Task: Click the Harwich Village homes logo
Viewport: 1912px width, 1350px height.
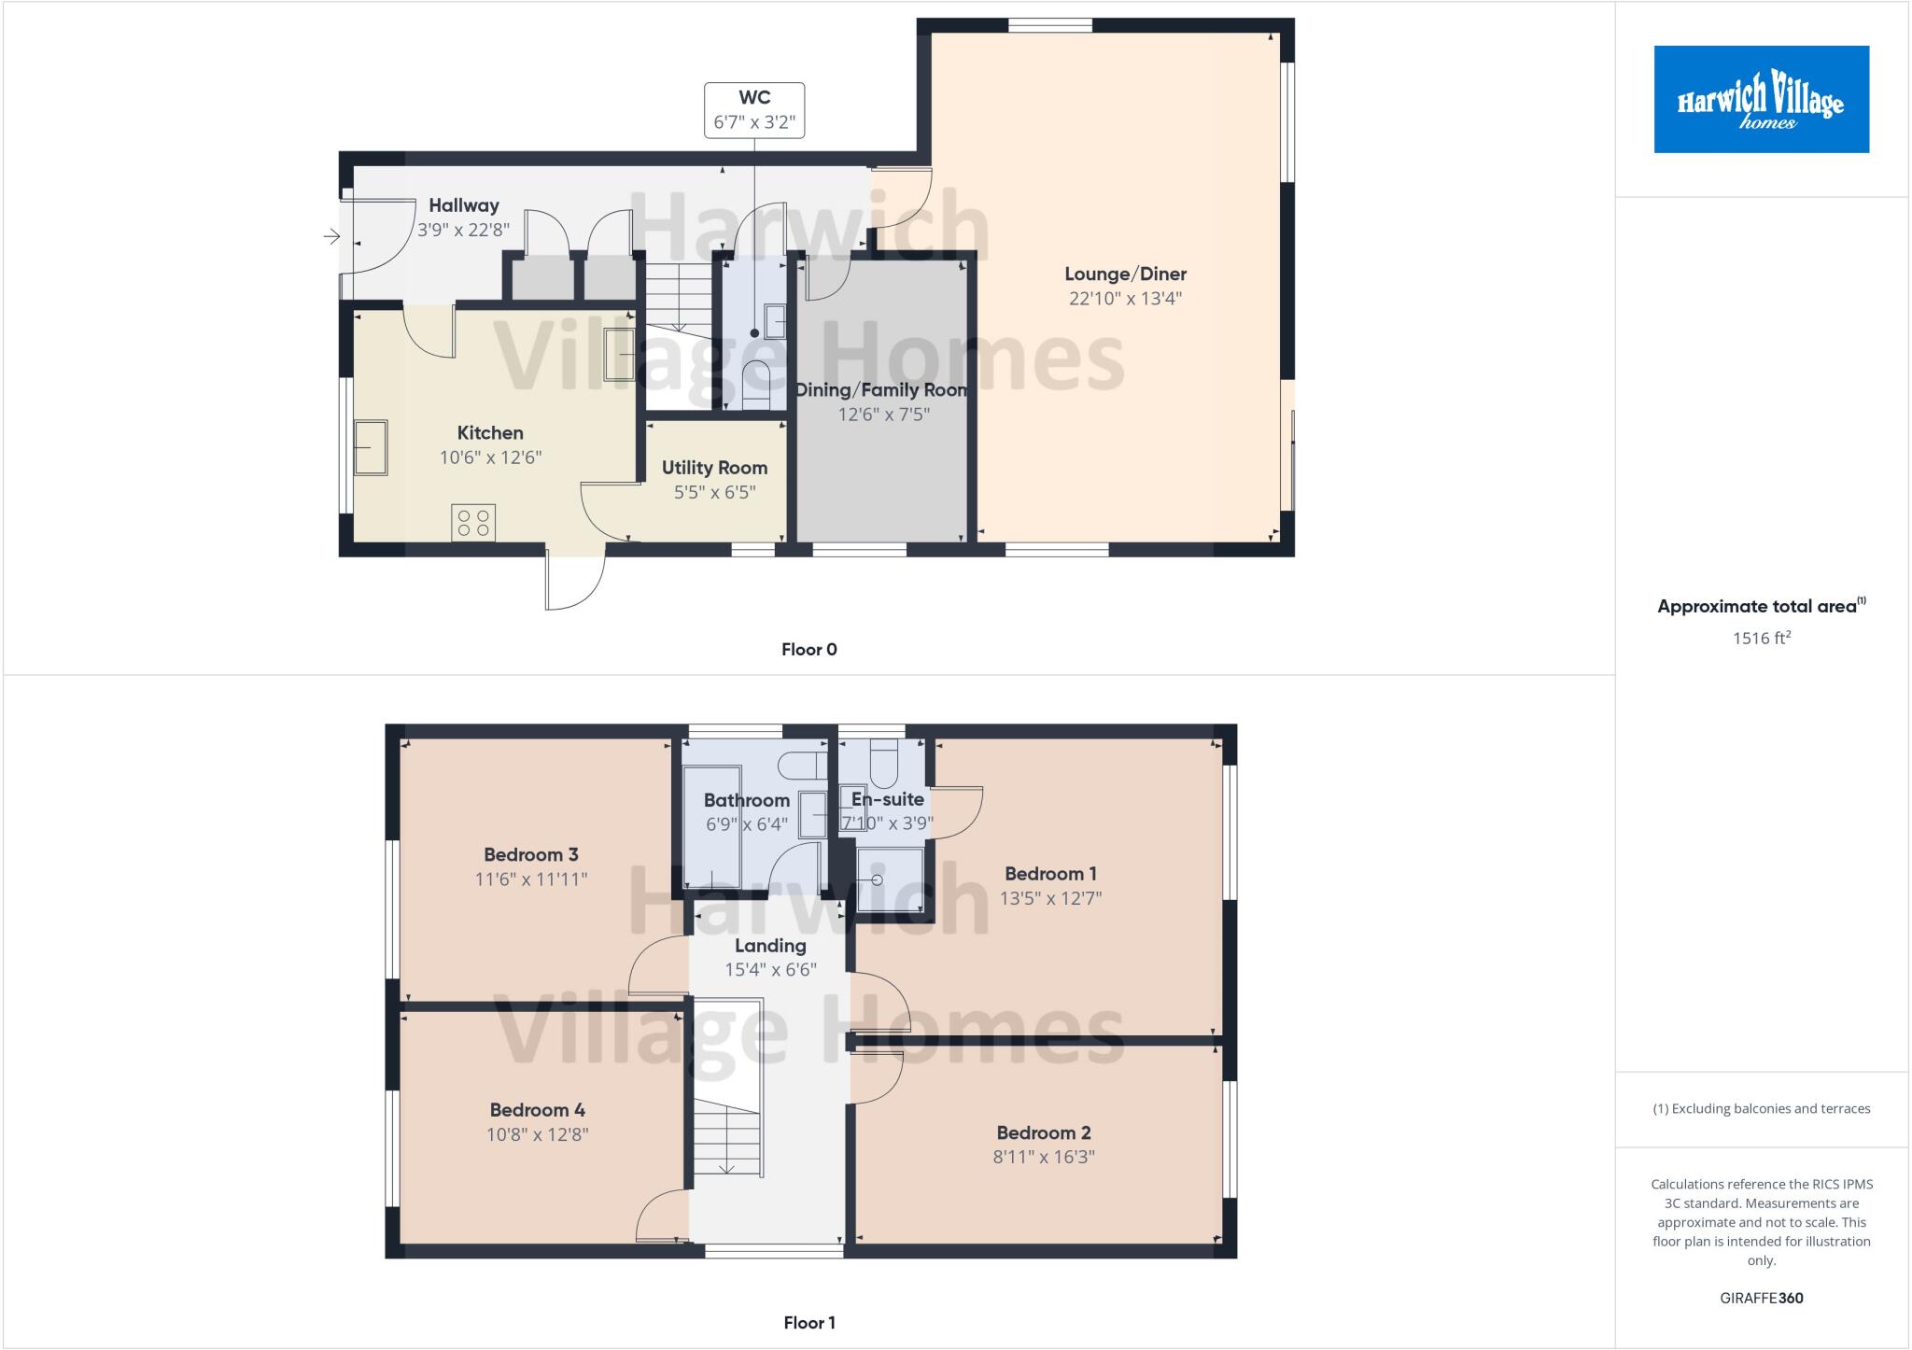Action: (1761, 99)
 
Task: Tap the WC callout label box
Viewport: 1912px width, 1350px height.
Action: (754, 110)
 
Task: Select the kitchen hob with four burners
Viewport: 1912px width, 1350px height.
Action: (473, 523)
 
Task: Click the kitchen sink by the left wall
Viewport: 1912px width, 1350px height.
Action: (371, 448)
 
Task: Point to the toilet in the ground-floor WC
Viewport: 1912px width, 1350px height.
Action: (755, 385)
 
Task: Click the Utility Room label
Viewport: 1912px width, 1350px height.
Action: (714, 468)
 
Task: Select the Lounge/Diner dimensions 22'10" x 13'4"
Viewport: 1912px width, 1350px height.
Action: (1125, 299)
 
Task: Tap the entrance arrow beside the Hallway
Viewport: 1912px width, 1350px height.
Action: (331, 237)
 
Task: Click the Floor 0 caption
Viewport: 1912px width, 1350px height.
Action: (808, 650)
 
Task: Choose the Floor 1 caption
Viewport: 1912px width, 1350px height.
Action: (808, 1323)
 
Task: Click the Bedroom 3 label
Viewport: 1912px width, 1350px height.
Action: (530, 854)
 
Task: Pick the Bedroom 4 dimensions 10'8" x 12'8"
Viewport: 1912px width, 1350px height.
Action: (538, 1135)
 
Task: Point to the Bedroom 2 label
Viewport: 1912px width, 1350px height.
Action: (1043, 1132)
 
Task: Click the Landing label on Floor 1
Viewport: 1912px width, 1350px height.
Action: (770, 946)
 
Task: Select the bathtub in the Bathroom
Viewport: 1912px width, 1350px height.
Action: (711, 826)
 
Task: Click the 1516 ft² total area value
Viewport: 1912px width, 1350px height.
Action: (1761, 639)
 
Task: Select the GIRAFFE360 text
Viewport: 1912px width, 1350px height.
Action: (1761, 1299)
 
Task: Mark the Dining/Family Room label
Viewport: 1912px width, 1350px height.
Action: (880, 390)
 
